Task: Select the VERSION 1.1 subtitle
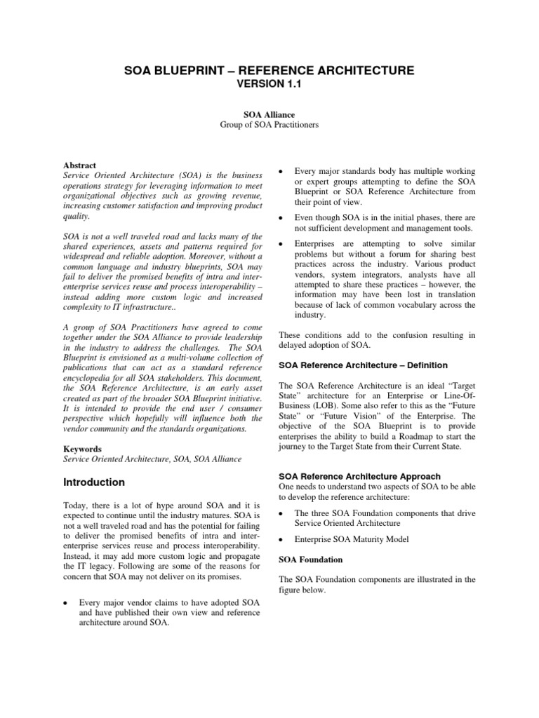(269, 84)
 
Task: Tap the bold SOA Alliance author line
(269, 114)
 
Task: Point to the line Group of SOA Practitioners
(269, 124)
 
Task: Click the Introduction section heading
(94, 482)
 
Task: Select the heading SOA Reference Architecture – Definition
(363, 365)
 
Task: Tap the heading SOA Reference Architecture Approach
(359, 477)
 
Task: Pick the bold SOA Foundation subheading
(310, 560)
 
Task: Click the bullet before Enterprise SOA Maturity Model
(281, 539)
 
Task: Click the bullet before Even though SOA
(281, 218)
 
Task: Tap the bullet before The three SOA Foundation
(281, 514)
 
